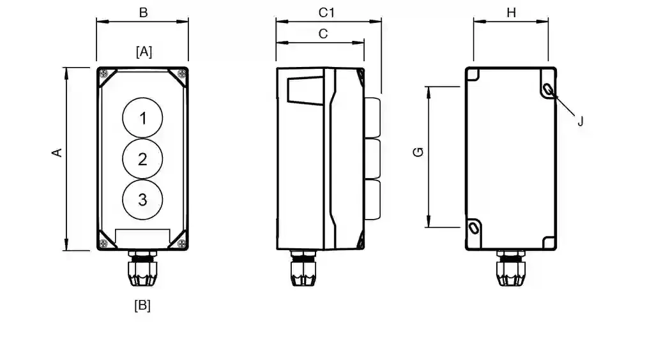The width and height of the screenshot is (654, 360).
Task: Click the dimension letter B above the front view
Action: (143, 13)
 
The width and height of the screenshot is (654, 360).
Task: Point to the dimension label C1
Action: (326, 13)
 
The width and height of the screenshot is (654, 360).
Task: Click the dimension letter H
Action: (512, 13)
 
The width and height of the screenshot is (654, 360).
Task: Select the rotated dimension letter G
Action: (418, 152)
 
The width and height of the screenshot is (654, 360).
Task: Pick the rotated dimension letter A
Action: (57, 153)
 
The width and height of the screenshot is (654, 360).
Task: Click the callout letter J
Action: (580, 122)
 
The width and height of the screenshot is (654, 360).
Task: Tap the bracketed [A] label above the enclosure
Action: (144, 52)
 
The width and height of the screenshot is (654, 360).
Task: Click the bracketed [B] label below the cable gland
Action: (142, 305)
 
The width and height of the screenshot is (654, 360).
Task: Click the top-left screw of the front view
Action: (104, 74)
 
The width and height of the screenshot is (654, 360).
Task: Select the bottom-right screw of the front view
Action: (181, 244)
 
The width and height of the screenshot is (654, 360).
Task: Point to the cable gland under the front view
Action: (142, 268)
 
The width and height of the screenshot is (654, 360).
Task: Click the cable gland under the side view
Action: (303, 268)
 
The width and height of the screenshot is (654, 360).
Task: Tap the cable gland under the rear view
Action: (510, 268)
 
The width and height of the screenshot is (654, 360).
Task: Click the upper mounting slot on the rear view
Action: (549, 89)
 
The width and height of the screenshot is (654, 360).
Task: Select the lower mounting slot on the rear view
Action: (474, 228)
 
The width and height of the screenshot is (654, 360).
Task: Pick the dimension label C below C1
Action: (323, 34)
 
